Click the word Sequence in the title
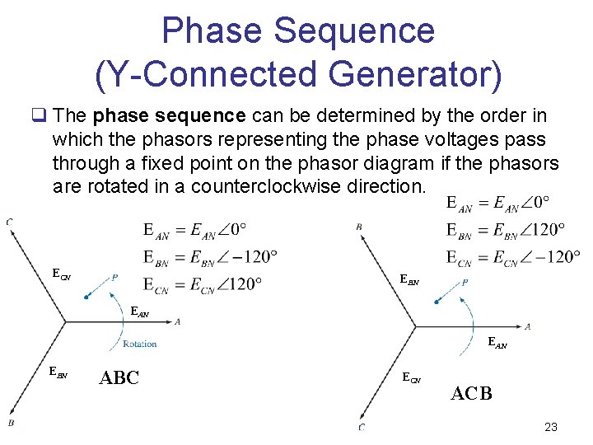tap(356, 31)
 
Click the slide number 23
tap(551, 427)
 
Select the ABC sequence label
tap(119, 378)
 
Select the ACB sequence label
tap(471, 393)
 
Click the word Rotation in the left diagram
tap(139, 344)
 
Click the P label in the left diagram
tap(114, 278)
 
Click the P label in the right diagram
tap(466, 283)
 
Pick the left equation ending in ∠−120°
tap(210, 257)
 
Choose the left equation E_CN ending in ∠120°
tap(203, 284)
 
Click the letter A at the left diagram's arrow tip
tap(178, 321)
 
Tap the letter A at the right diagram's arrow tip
tap(527, 327)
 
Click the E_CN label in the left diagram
tap(60, 273)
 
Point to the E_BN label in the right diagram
tap(409, 280)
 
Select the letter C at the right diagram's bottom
tap(362, 427)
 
